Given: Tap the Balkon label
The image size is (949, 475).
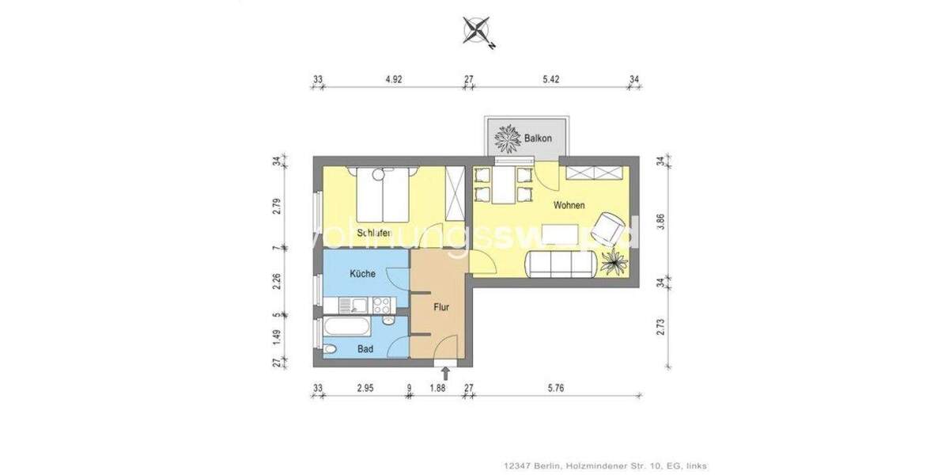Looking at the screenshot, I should (538, 139).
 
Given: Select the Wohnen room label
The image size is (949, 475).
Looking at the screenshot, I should (569, 206).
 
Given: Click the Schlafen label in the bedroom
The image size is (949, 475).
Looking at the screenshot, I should (372, 233).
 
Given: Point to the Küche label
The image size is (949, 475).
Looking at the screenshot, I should (363, 274).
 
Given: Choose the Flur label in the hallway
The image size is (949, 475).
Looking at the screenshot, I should (442, 306).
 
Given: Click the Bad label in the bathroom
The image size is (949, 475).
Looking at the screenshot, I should (365, 348).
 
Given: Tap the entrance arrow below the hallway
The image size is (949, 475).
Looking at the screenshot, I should (445, 372).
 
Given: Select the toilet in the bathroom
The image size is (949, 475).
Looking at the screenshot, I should (331, 349).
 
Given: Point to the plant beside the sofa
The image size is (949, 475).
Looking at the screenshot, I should (612, 260).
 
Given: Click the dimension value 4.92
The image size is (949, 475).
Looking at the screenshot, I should (393, 79).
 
